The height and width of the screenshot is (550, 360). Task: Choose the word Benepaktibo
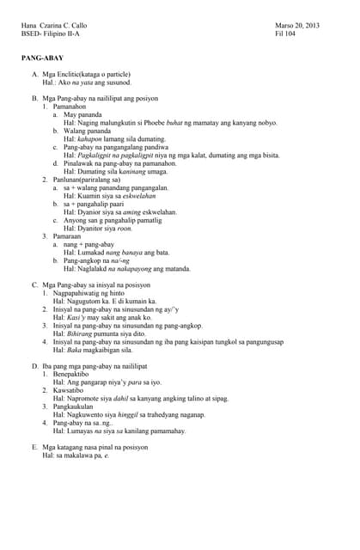click(74, 374)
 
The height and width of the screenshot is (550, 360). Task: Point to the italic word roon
click(125, 228)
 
